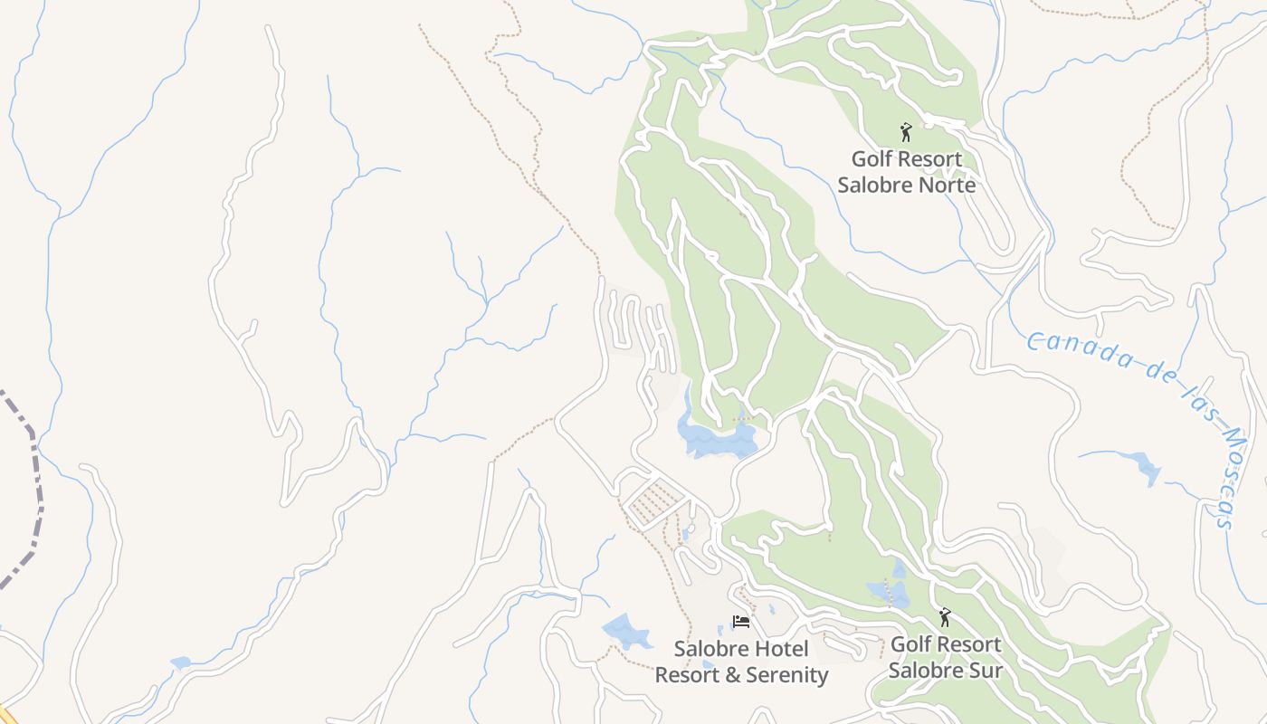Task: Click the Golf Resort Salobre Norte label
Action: click(906, 172)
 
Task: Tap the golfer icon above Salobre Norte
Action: click(905, 132)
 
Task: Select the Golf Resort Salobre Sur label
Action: click(946, 657)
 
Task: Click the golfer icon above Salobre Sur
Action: click(945, 617)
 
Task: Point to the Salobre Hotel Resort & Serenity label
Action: click(741, 662)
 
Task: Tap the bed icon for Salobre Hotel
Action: click(741, 622)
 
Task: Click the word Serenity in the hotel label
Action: click(783, 675)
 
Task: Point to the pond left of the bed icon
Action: click(626, 631)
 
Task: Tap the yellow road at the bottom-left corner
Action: click(5, 715)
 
